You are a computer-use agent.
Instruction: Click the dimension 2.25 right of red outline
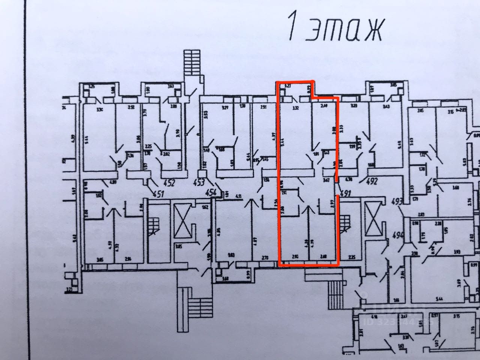tap(351, 257)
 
